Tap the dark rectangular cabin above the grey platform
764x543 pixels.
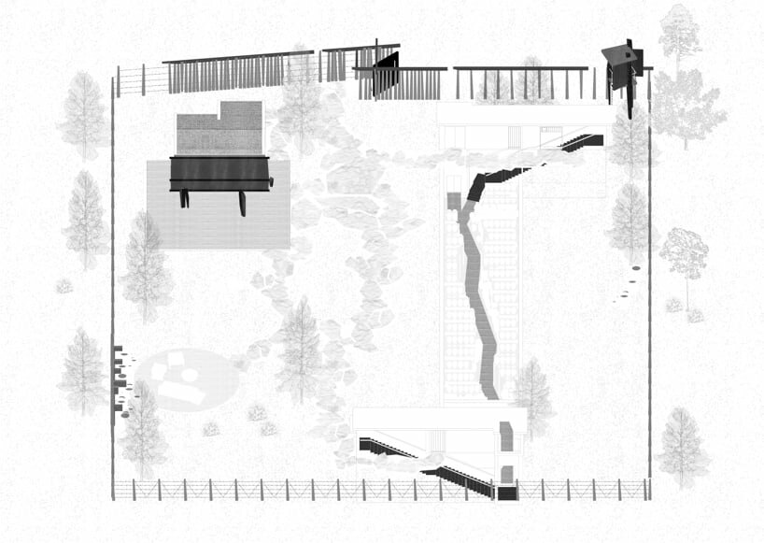220,173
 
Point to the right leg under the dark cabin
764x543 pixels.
243,203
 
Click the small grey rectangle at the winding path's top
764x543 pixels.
454,201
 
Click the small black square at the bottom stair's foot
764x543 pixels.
506,493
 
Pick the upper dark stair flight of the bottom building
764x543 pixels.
386,448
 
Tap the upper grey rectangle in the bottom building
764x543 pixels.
507,435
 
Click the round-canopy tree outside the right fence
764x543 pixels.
684,252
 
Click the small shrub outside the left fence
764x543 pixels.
64,286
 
